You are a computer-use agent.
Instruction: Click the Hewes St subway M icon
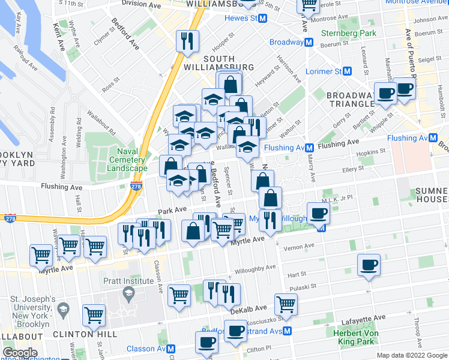click(262, 18)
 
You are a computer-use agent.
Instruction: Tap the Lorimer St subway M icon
click(346, 71)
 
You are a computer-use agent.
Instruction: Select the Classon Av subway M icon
click(171, 349)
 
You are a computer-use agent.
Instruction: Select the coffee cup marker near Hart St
click(369, 265)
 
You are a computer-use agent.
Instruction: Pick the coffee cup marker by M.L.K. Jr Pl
click(318, 212)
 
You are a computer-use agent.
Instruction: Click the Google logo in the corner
click(20, 353)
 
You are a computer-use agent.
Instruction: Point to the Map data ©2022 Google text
click(411, 355)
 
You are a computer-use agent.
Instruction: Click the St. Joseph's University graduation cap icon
click(63, 310)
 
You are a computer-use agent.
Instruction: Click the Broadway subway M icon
click(309, 43)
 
